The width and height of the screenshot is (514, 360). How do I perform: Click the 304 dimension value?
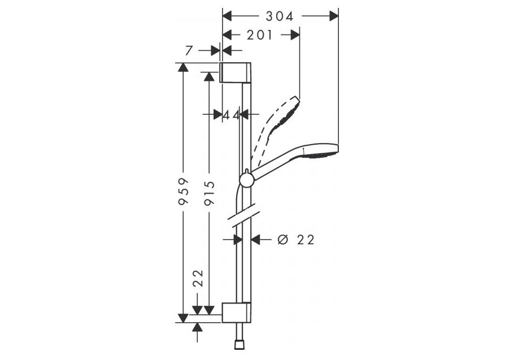(279, 16)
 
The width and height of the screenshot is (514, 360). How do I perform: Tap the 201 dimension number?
(260, 35)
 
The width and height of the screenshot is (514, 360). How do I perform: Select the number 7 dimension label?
(189, 51)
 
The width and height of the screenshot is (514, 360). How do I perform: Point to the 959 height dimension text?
(183, 191)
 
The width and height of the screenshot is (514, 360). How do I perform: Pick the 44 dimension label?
(232, 115)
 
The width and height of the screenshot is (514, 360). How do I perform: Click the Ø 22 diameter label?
(295, 240)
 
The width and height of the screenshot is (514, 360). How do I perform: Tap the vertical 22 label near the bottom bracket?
(198, 279)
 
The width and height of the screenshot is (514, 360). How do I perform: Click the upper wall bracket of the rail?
(236, 72)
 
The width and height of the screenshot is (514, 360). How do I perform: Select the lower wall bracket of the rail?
(236, 313)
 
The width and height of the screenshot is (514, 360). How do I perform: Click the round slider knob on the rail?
(246, 181)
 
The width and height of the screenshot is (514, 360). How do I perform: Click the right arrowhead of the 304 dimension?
(334, 16)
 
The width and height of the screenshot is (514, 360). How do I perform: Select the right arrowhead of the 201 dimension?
(295, 35)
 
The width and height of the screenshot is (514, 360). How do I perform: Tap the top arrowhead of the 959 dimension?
(183, 67)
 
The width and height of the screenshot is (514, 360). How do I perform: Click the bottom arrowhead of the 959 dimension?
(183, 318)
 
